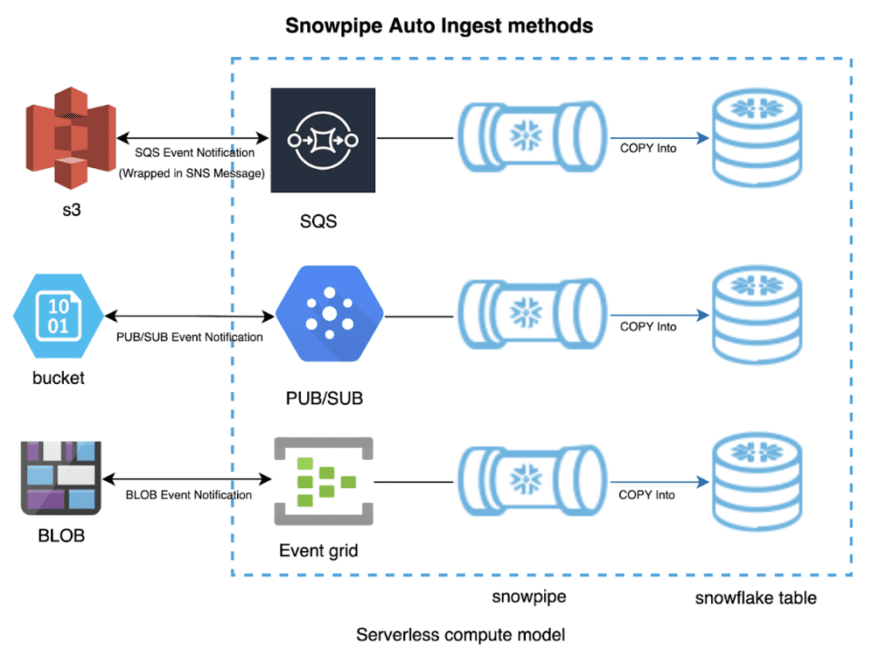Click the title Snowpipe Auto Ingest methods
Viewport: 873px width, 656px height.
[438, 26]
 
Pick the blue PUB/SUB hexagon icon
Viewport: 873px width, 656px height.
[328, 314]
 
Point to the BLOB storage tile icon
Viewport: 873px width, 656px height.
[61, 478]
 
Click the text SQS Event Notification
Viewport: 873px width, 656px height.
[194, 153]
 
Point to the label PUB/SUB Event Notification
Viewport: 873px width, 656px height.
[189, 337]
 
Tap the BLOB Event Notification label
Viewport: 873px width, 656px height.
[188, 495]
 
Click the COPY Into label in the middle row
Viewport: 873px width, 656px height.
[648, 327]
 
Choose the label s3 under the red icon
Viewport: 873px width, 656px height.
[72, 209]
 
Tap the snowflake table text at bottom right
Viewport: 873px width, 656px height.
[755, 598]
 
